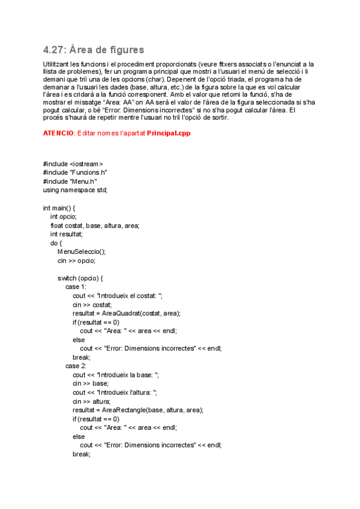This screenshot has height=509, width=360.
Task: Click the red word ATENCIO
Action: pyautogui.click(x=58, y=133)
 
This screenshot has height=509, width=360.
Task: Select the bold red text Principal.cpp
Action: pyautogui.click(x=169, y=133)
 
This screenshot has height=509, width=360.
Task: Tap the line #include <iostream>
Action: pyautogui.click(x=73, y=164)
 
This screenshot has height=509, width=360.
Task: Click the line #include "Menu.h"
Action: pyautogui.click(x=70, y=181)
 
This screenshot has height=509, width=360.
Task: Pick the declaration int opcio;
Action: pyautogui.click(x=64, y=217)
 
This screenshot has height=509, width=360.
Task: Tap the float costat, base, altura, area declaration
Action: pyautogui.click(x=95, y=226)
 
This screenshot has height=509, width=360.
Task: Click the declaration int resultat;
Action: pyautogui.click(x=67, y=234)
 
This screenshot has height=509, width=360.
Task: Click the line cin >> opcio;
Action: pyautogui.click(x=76, y=261)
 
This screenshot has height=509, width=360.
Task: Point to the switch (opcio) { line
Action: pyautogui.click(x=80, y=279)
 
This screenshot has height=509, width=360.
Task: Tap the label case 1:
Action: pyautogui.click(x=76, y=287)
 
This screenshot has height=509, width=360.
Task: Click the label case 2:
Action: pyautogui.click(x=76, y=366)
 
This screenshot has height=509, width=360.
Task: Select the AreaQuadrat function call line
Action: pyautogui.click(x=127, y=313)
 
